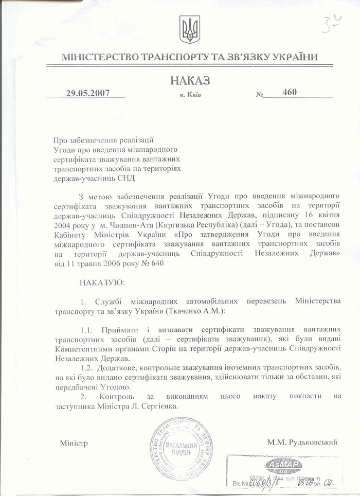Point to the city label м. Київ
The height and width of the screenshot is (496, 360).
coord(190,95)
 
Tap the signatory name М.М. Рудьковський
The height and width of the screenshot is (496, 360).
coord(302,442)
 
